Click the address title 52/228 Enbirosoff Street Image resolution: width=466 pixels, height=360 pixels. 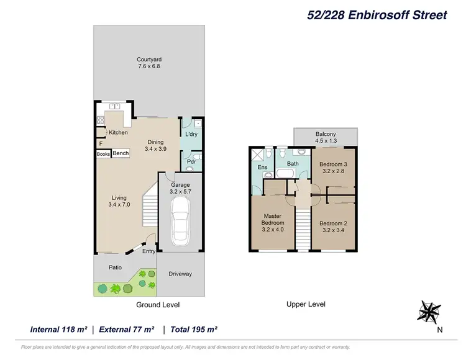(377, 16)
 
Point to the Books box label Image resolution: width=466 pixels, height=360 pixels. (103, 154)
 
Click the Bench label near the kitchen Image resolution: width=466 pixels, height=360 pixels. (121, 153)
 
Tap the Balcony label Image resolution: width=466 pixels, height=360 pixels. (326, 134)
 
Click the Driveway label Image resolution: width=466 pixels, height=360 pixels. (180, 274)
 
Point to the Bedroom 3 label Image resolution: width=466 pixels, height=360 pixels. (334, 164)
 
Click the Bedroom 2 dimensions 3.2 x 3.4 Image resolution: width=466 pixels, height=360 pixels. (334, 230)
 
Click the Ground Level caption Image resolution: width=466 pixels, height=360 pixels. (158, 305)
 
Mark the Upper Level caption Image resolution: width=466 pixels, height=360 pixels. (306, 304)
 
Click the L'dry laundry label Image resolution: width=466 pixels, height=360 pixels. (191, 134)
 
